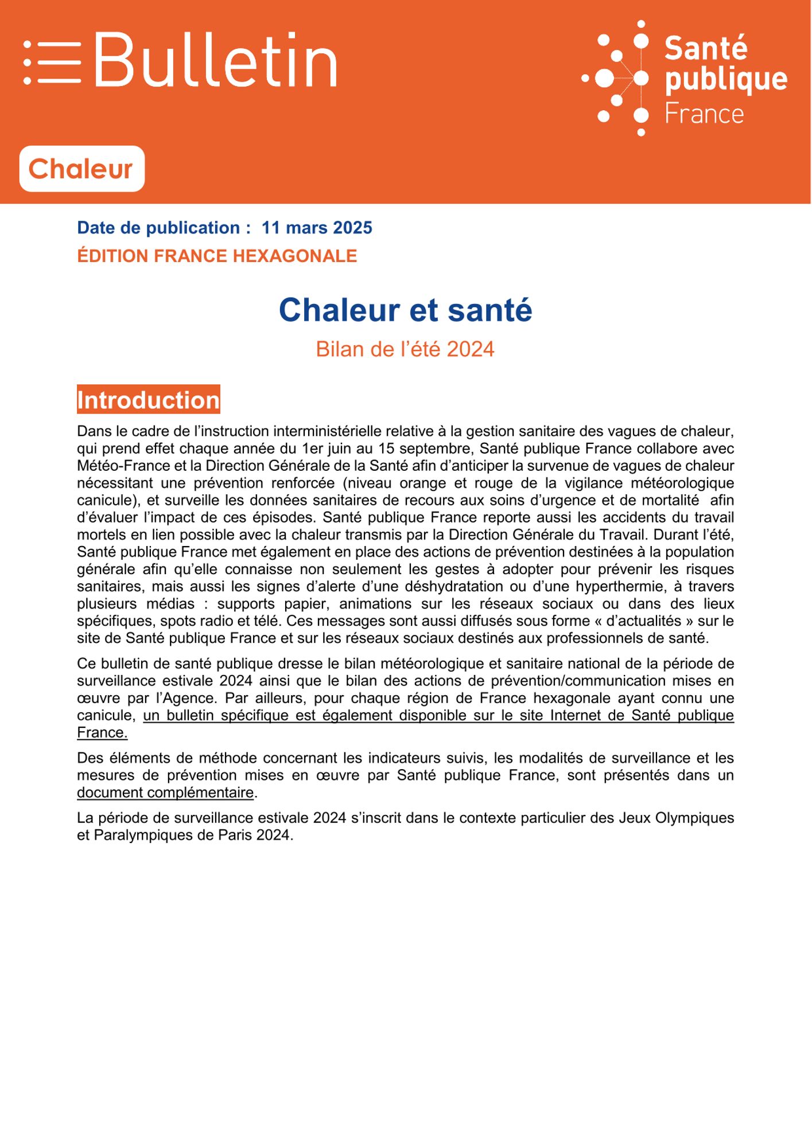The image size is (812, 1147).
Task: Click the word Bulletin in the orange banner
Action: click(x=215, y=60)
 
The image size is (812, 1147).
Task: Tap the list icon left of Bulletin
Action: click(x=52, y=63)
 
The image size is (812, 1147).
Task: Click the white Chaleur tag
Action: click(x=81, y=169)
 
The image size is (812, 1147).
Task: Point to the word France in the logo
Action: click(x=704, y=114)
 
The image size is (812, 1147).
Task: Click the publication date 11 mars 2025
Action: click(x=317, y=228)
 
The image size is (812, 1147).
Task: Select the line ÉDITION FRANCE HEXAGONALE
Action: click(x=217, y=256)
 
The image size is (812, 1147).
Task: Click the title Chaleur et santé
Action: click(x=405, y=310)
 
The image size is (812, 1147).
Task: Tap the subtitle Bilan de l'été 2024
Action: click(x=405, y=349)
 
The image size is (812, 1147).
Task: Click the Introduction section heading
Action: click(x=148, y=400)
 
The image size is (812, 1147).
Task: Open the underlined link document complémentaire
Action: click(x=165, y=793)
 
